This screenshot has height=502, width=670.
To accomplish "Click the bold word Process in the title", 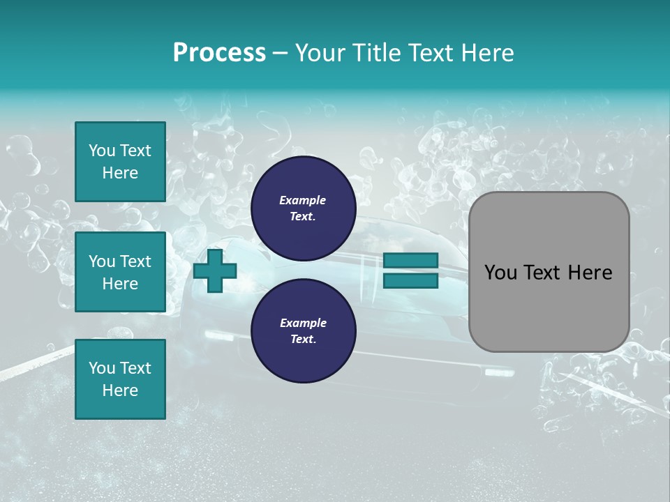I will [x=219, y=53].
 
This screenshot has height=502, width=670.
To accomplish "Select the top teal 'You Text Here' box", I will [x=120, y=162].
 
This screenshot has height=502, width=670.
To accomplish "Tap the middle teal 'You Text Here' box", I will [x=120, y=272].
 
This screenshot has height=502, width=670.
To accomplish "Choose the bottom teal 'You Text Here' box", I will [x=120, y=379].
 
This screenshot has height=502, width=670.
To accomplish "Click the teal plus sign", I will [x=215, y=271].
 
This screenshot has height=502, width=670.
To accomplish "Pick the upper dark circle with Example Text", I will [x=303, y=208].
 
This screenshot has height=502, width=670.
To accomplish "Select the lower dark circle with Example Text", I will [x=303, y=331].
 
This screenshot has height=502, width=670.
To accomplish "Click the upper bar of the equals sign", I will [x=410, y=260].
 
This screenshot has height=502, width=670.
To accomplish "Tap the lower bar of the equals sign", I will [x=410, y=281].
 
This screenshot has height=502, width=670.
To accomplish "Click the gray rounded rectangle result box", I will [x=549, y=272].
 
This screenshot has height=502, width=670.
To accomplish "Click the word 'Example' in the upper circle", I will [x=303, y=200].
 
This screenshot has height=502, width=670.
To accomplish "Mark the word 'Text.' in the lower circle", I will [x=303, y=340].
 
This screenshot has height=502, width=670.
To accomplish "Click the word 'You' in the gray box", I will [x=500, y=273].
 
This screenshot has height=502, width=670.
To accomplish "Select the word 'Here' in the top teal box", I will [x=120, y=173].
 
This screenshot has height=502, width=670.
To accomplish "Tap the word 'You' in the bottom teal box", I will [x=102, y=368].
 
